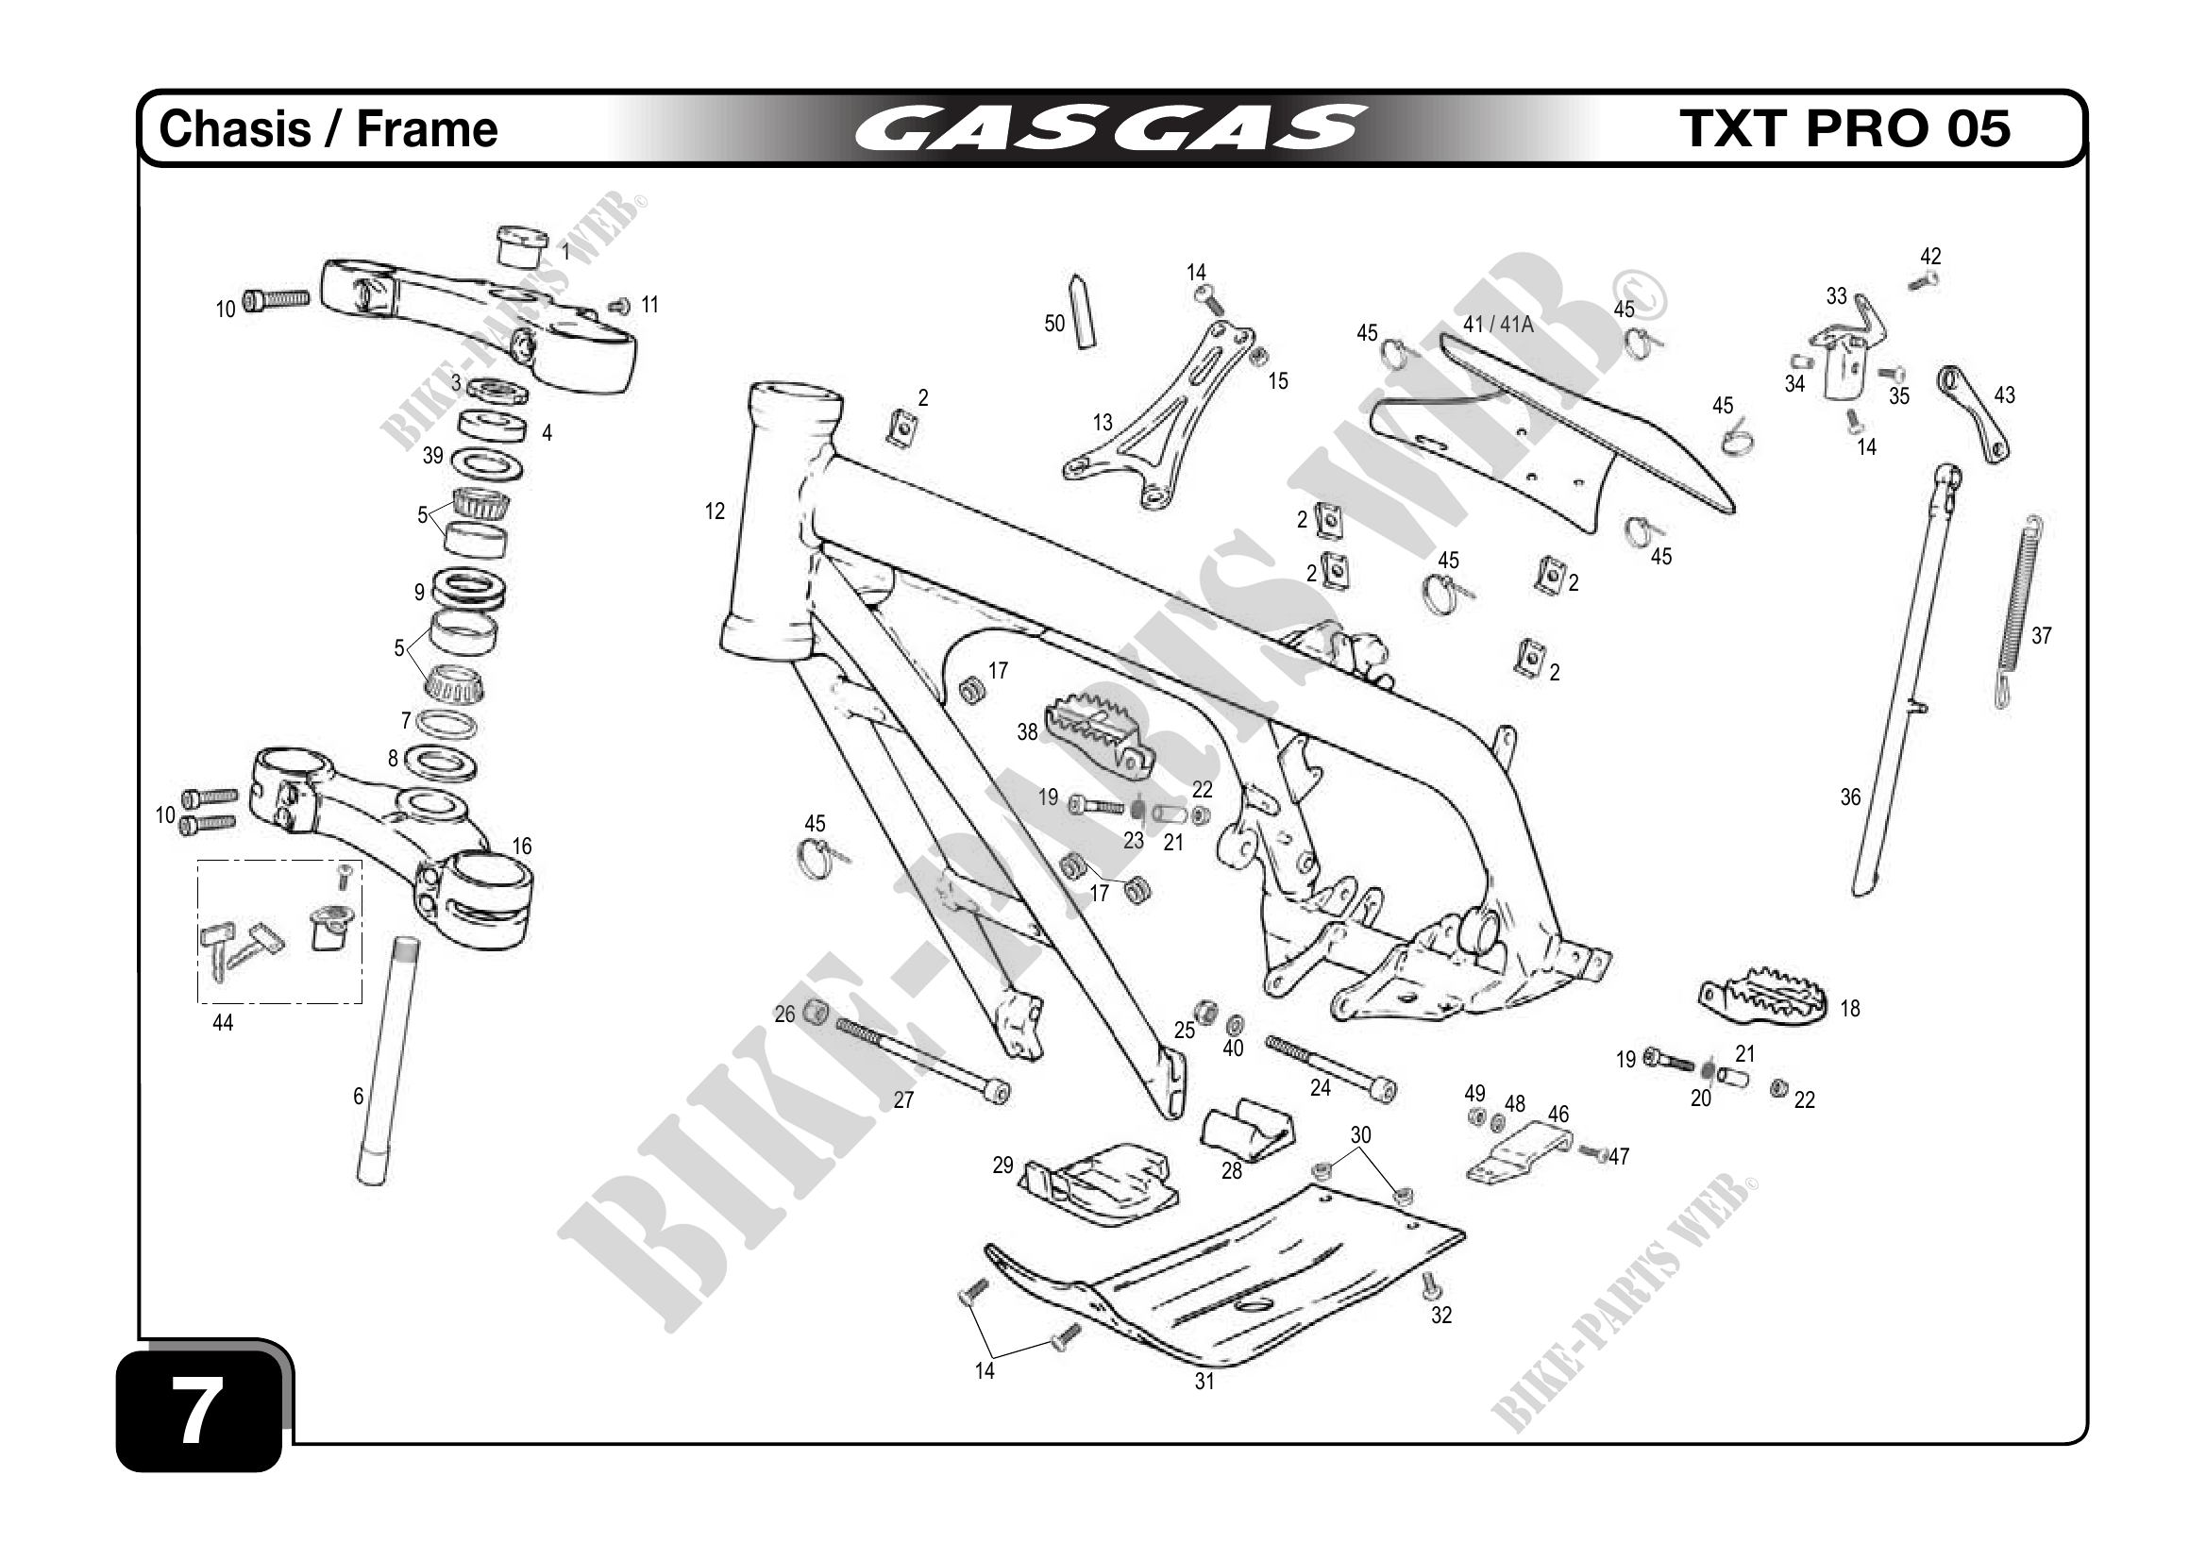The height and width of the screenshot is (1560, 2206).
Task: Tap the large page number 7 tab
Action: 197,1410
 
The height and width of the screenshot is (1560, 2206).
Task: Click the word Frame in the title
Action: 427,129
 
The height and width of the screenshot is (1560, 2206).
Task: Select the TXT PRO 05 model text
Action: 1844,129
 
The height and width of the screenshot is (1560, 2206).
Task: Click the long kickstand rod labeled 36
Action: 1906,682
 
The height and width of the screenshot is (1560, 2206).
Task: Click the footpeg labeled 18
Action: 1764,998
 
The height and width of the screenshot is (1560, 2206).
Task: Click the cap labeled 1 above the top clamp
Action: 522,246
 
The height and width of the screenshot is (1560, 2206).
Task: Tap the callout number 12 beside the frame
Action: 714,512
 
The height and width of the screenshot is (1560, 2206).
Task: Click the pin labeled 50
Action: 1083,311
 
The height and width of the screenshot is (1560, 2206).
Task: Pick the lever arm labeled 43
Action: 1974,413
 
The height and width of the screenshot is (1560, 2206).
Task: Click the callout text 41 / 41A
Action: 1498,325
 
